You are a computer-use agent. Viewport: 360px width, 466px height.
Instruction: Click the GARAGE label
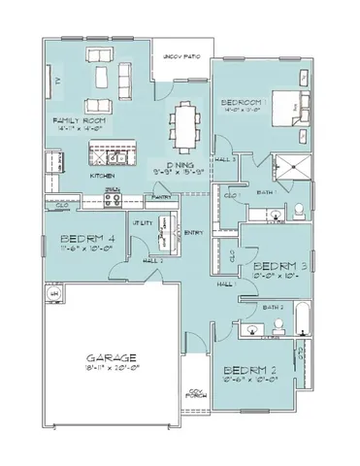click(x=109, y=356)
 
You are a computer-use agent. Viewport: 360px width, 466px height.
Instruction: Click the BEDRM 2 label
click(x=249, y=369)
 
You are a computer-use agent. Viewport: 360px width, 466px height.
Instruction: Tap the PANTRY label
click(x=160, y=197)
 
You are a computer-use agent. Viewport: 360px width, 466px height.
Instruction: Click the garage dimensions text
click(x=109, y=369)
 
